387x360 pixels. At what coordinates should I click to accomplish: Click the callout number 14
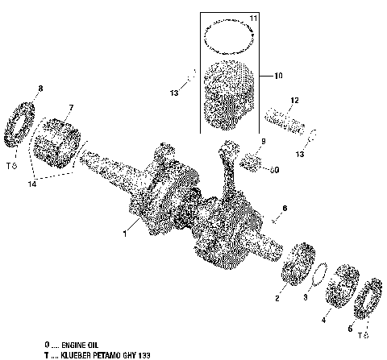(53, 185)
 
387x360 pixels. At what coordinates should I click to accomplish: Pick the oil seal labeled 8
(23, 127)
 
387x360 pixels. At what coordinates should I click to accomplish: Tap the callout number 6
(284, 208)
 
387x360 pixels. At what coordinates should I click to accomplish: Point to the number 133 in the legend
(143, 354)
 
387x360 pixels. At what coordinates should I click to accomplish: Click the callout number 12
(295, 100)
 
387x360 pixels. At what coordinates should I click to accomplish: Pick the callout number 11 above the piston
(252, 18)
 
